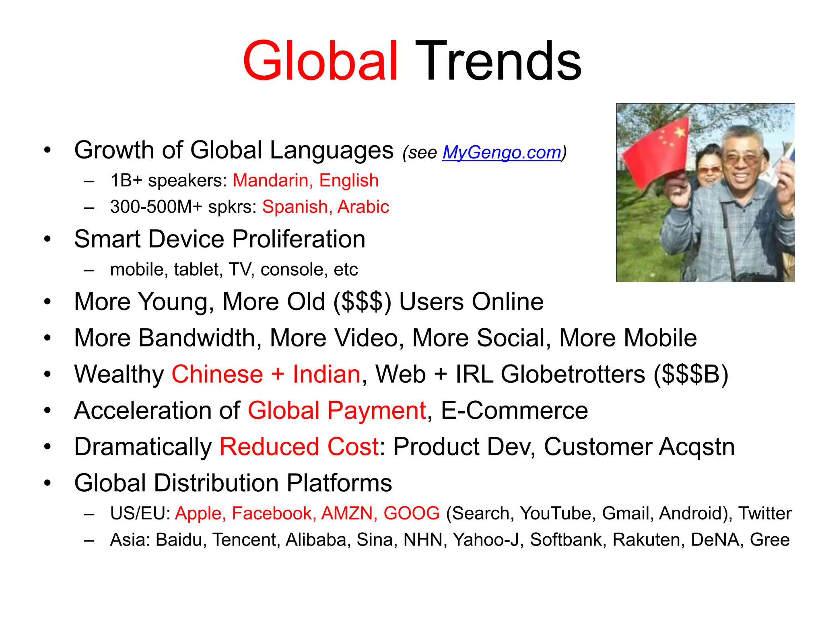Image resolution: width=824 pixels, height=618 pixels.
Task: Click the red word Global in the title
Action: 320,61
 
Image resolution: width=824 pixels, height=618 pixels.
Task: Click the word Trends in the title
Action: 498,61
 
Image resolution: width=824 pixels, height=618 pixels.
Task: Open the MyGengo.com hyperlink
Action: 501,152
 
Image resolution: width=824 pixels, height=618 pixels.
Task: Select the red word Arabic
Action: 363,207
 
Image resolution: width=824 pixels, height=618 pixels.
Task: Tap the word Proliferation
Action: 299,239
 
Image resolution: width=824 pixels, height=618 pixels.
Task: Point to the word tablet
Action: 198,270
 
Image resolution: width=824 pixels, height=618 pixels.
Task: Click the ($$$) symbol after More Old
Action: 362,302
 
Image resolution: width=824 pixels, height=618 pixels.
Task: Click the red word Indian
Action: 326,374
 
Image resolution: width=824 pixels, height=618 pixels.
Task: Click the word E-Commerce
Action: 514,410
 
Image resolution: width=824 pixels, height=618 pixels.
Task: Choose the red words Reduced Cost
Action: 299,447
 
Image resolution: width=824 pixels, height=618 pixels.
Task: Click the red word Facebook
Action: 272,513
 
